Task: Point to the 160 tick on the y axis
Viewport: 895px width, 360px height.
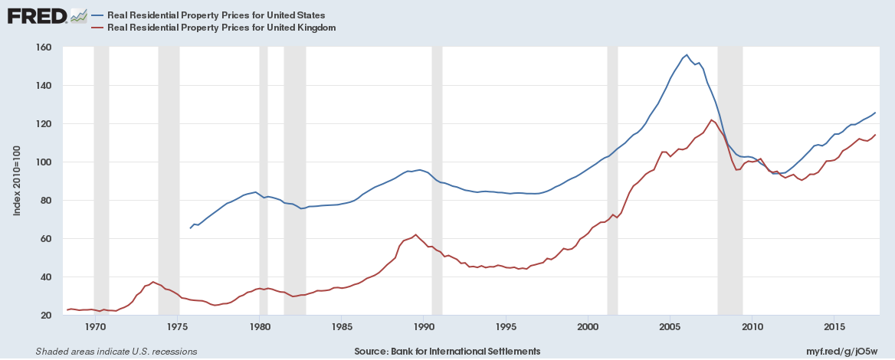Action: coord(43,47)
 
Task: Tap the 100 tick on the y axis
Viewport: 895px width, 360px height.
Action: coord(43,162)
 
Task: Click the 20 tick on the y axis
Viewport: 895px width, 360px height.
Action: coord(46,315)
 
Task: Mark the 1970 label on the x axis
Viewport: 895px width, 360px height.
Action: coord(95,328)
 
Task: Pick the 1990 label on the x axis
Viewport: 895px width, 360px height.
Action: coord(424,328)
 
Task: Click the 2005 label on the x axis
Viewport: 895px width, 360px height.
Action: coord(670,328)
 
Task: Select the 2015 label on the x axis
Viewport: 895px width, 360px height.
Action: coord(834,328)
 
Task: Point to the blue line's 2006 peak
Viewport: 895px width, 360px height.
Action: coord(687,55)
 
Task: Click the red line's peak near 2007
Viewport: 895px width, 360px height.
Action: coord(712,120)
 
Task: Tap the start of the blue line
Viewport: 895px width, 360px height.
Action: coord(191,228)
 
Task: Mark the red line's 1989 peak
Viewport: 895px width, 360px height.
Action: coord(415,234)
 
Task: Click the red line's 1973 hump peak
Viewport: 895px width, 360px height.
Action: coord(153,282)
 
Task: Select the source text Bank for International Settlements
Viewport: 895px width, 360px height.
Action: coord(447,351)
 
